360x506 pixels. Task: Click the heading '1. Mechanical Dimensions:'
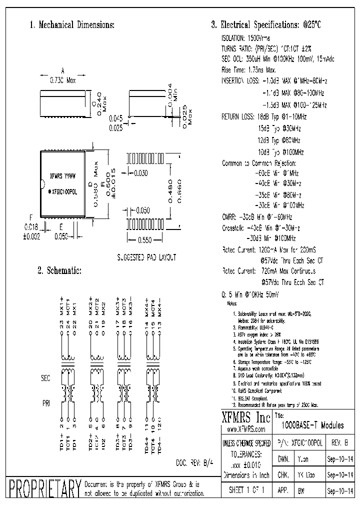(72, 25)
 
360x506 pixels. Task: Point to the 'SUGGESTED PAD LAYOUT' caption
(146, 257)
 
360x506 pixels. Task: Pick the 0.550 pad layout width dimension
(144, 240)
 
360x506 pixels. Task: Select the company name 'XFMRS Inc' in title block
(246, 418)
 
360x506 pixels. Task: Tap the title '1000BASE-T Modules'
(313, 426)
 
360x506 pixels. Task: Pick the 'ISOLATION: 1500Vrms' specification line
(245, 38)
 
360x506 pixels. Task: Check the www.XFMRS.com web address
(246, 429)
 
